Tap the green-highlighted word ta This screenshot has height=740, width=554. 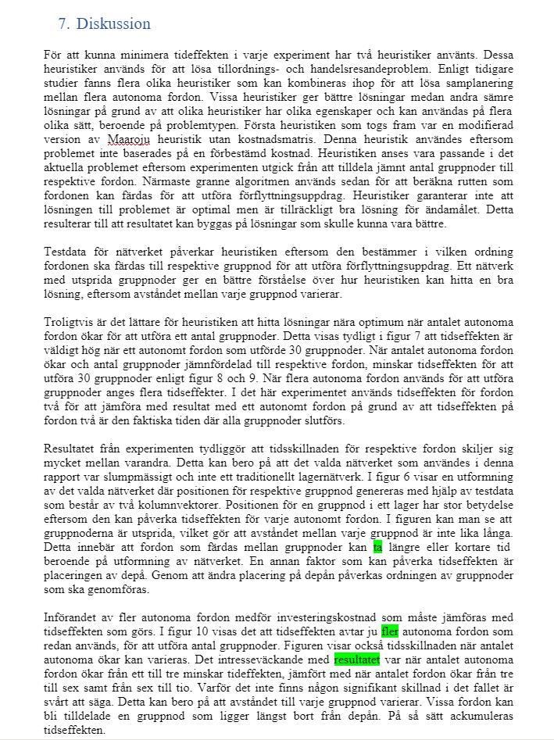tap(377, 547)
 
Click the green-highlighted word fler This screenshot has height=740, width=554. tap(389, 631)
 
